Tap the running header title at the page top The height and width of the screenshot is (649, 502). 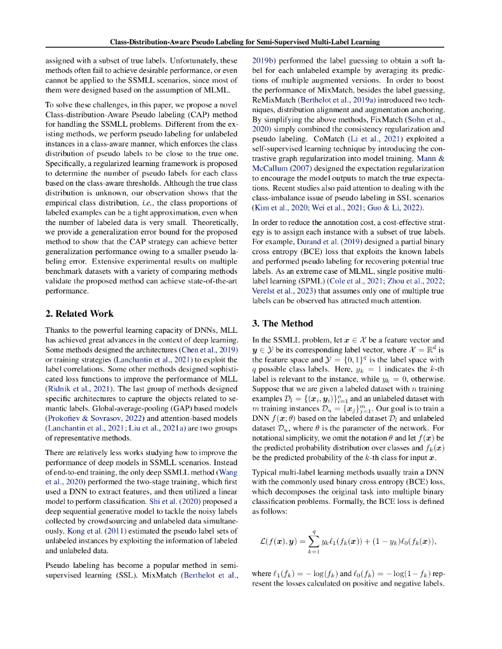(x=245, y=42)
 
